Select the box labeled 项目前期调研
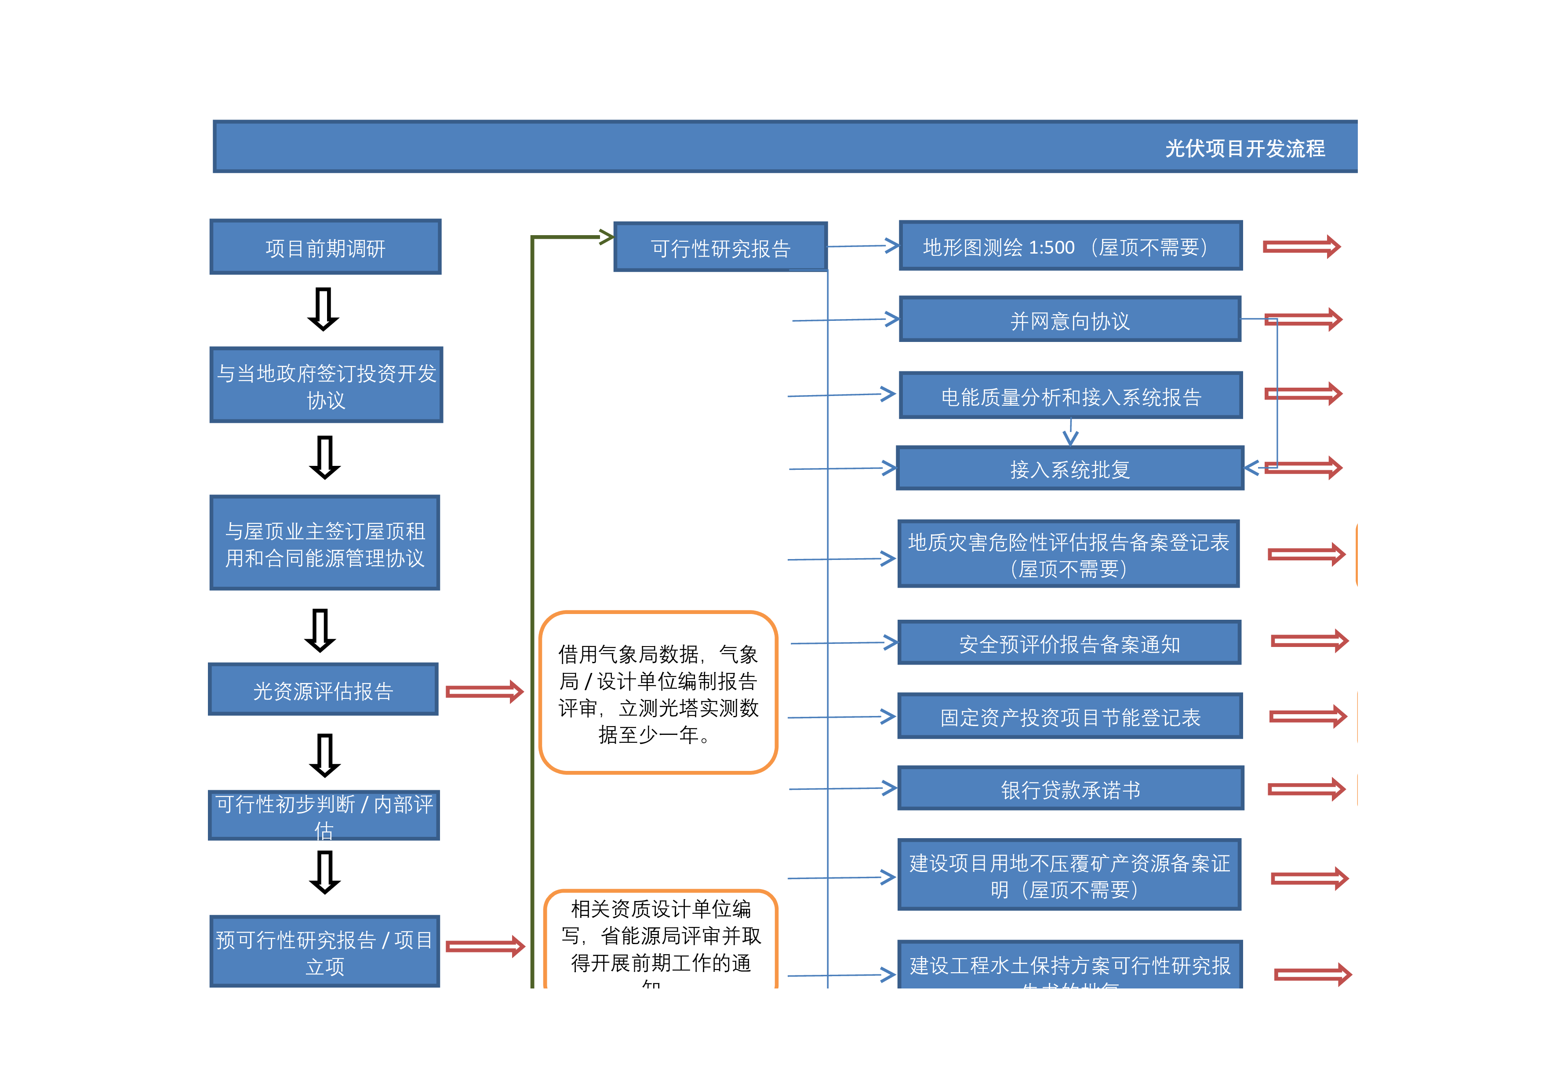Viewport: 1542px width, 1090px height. (x=325, y=247)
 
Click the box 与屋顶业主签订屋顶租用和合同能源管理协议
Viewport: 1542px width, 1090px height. (x=325, y=543)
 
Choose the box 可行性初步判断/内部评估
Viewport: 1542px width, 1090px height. (x=324, y=815)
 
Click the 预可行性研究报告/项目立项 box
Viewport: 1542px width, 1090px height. (x=325, y=951)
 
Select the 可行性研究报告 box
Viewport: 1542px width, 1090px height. (x=720, y=247)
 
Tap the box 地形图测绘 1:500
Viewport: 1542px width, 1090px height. (x=1070, y=246)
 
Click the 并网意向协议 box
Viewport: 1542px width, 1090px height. (x=1070, y=320)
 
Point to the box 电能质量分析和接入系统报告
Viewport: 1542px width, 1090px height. (x=1070, y=396)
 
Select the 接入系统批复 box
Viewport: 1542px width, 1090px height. (x=1070, y=468)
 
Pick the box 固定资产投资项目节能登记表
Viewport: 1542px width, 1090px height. (x=1070, y=716)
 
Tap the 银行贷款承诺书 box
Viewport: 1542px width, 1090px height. (x=1070, y=788)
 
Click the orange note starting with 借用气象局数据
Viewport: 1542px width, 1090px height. (x=658, y=693)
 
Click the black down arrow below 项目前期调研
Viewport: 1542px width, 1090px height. (x=323, y=309)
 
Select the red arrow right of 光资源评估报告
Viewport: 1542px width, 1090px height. (x=484, y=692)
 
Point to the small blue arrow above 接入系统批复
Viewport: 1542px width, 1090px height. (x=1070, y=433)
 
